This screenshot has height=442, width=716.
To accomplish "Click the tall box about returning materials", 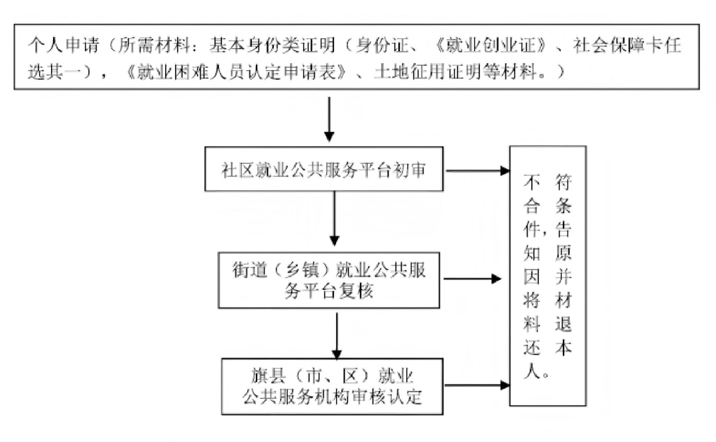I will pyautogui.click(x=548, y=275).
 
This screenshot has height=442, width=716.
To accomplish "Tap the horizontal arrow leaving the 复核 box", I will pyautogui.click(x=471, y=279).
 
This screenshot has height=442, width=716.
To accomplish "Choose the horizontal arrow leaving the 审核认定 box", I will pyautogui.click(x=475, y=384).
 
